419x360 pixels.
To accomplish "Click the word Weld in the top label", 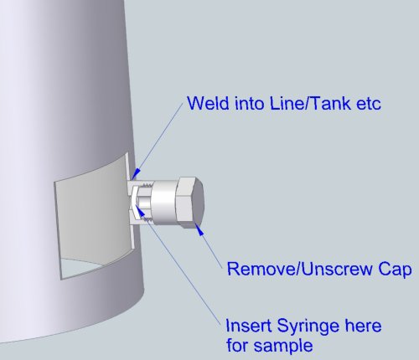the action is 209,103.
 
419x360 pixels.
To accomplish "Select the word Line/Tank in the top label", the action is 310,103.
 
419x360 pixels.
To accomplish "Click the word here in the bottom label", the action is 363,326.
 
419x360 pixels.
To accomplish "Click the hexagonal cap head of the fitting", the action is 190,203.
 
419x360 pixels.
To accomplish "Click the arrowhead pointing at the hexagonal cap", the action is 199,229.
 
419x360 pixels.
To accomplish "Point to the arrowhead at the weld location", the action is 136,173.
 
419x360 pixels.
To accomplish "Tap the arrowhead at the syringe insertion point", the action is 142,213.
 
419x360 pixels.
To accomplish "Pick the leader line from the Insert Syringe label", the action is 184,269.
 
